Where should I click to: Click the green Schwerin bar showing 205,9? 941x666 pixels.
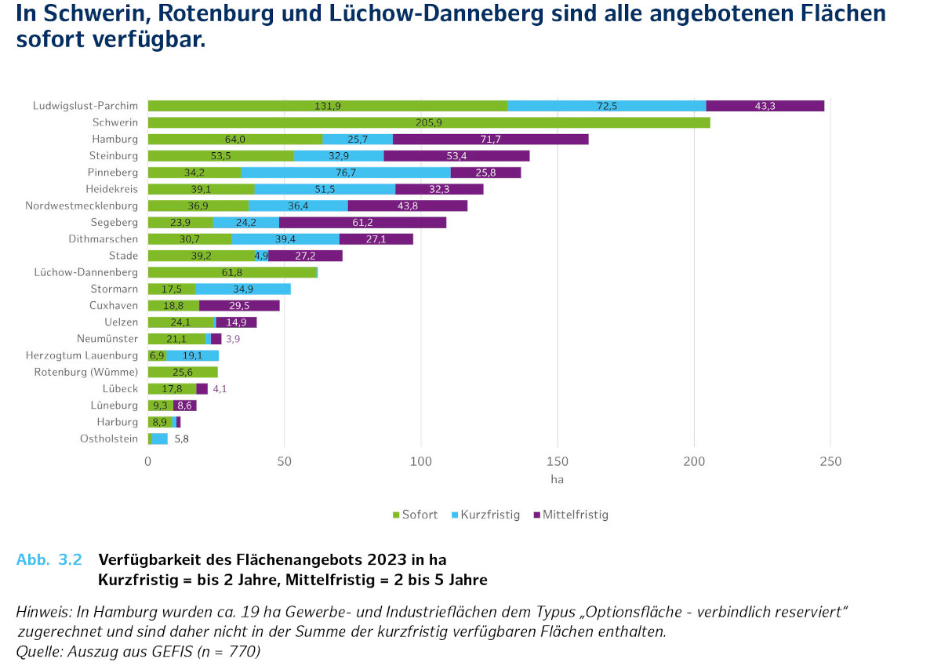coord(428,122)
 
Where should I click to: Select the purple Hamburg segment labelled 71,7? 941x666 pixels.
coord(490,140)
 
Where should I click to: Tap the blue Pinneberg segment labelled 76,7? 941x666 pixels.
coord(346,173)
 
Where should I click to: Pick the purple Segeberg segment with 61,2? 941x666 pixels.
coord(362,223)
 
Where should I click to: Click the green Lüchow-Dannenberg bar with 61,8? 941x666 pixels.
coord(232,272)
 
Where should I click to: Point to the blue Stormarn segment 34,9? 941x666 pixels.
coord(243,289)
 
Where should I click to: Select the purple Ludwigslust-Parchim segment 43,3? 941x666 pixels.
coord(765,106)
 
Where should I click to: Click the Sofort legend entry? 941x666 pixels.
coord(415,515)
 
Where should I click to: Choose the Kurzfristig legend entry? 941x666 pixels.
coord(485,515)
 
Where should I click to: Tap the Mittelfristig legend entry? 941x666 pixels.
coord(570,515)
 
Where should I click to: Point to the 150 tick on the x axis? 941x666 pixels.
coord(558,461)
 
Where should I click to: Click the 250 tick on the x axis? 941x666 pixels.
coord(830,461)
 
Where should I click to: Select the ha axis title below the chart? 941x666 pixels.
coord(558,479)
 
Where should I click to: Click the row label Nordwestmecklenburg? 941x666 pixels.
coord(82,206)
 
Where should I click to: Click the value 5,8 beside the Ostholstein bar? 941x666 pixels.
coord(181,439)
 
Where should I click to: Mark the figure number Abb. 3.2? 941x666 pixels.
coord(49,560)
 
